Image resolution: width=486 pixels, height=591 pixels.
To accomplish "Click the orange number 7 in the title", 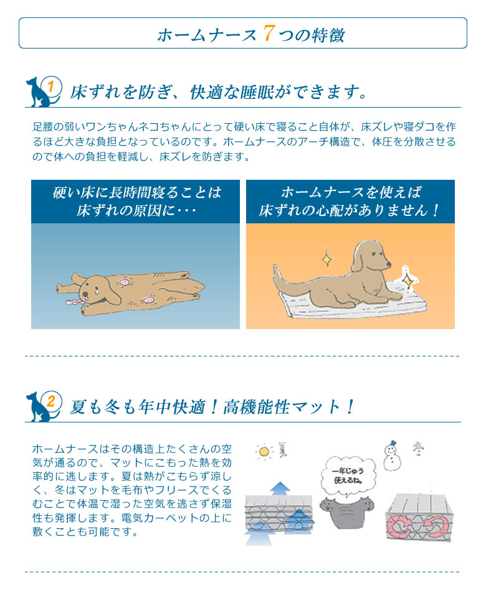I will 269,33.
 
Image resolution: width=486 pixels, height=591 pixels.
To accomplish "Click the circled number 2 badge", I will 53,400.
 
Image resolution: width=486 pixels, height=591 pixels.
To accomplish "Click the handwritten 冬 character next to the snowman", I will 417,447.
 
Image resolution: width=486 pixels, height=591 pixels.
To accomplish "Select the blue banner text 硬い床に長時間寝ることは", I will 136,192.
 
